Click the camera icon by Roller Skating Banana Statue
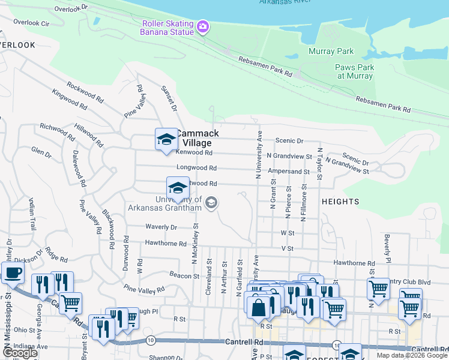click(203, 26)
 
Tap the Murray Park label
click(331, 52)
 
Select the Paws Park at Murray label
click(355, 71)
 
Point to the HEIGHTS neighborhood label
click(340, 202)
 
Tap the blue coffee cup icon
click(12, 274)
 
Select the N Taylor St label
click(321, 164)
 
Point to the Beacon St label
click(184, 276)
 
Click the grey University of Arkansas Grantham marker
click(211, 203)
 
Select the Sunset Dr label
click(169, 98)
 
